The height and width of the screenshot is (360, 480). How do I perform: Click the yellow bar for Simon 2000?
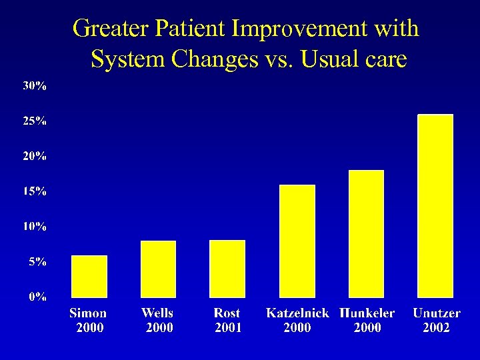pyautogui.click(x=89, y=276)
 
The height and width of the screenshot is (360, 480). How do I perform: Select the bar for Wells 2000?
pyautogui.click(x=158, y=269)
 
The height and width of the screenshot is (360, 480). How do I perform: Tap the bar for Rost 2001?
pyautogui.click(x=227, y=269)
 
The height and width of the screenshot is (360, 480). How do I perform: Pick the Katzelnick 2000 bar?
pyautogui.click(x=297, y=241)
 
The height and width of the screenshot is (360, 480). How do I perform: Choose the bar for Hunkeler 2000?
pyautogui.click(x=366, y=233)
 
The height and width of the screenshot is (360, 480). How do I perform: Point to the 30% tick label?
pyautogui.click(x=35, y=86)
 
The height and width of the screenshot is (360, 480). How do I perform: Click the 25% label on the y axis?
pyautogui.click(x=35, y=121)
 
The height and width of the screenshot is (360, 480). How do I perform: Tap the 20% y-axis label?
pyautogui.click(x=35, y=157)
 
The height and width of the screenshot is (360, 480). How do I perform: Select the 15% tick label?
pyautogui.click(x=35, y=192)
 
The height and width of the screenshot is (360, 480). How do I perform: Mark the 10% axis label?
pyautogui.click(x=35, y=227)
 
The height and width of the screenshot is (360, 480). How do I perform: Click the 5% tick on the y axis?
pyautogui.click(x=37, y=263)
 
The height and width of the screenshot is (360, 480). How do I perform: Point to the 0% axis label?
pyautogui.click(x=37, y=297)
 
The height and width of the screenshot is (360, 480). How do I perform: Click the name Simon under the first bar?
pyautogui.click(x=88, y=313)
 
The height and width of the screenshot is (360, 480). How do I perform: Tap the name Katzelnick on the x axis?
pyautogui.click(x=297, y=313)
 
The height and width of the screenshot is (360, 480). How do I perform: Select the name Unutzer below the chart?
pyautogui.click(x=437, y=313)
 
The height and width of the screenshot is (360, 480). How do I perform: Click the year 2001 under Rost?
pyautogui.click(x=228, y=328)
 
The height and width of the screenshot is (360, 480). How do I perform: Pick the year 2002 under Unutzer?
pyautogui.click(x=437, y=328)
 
